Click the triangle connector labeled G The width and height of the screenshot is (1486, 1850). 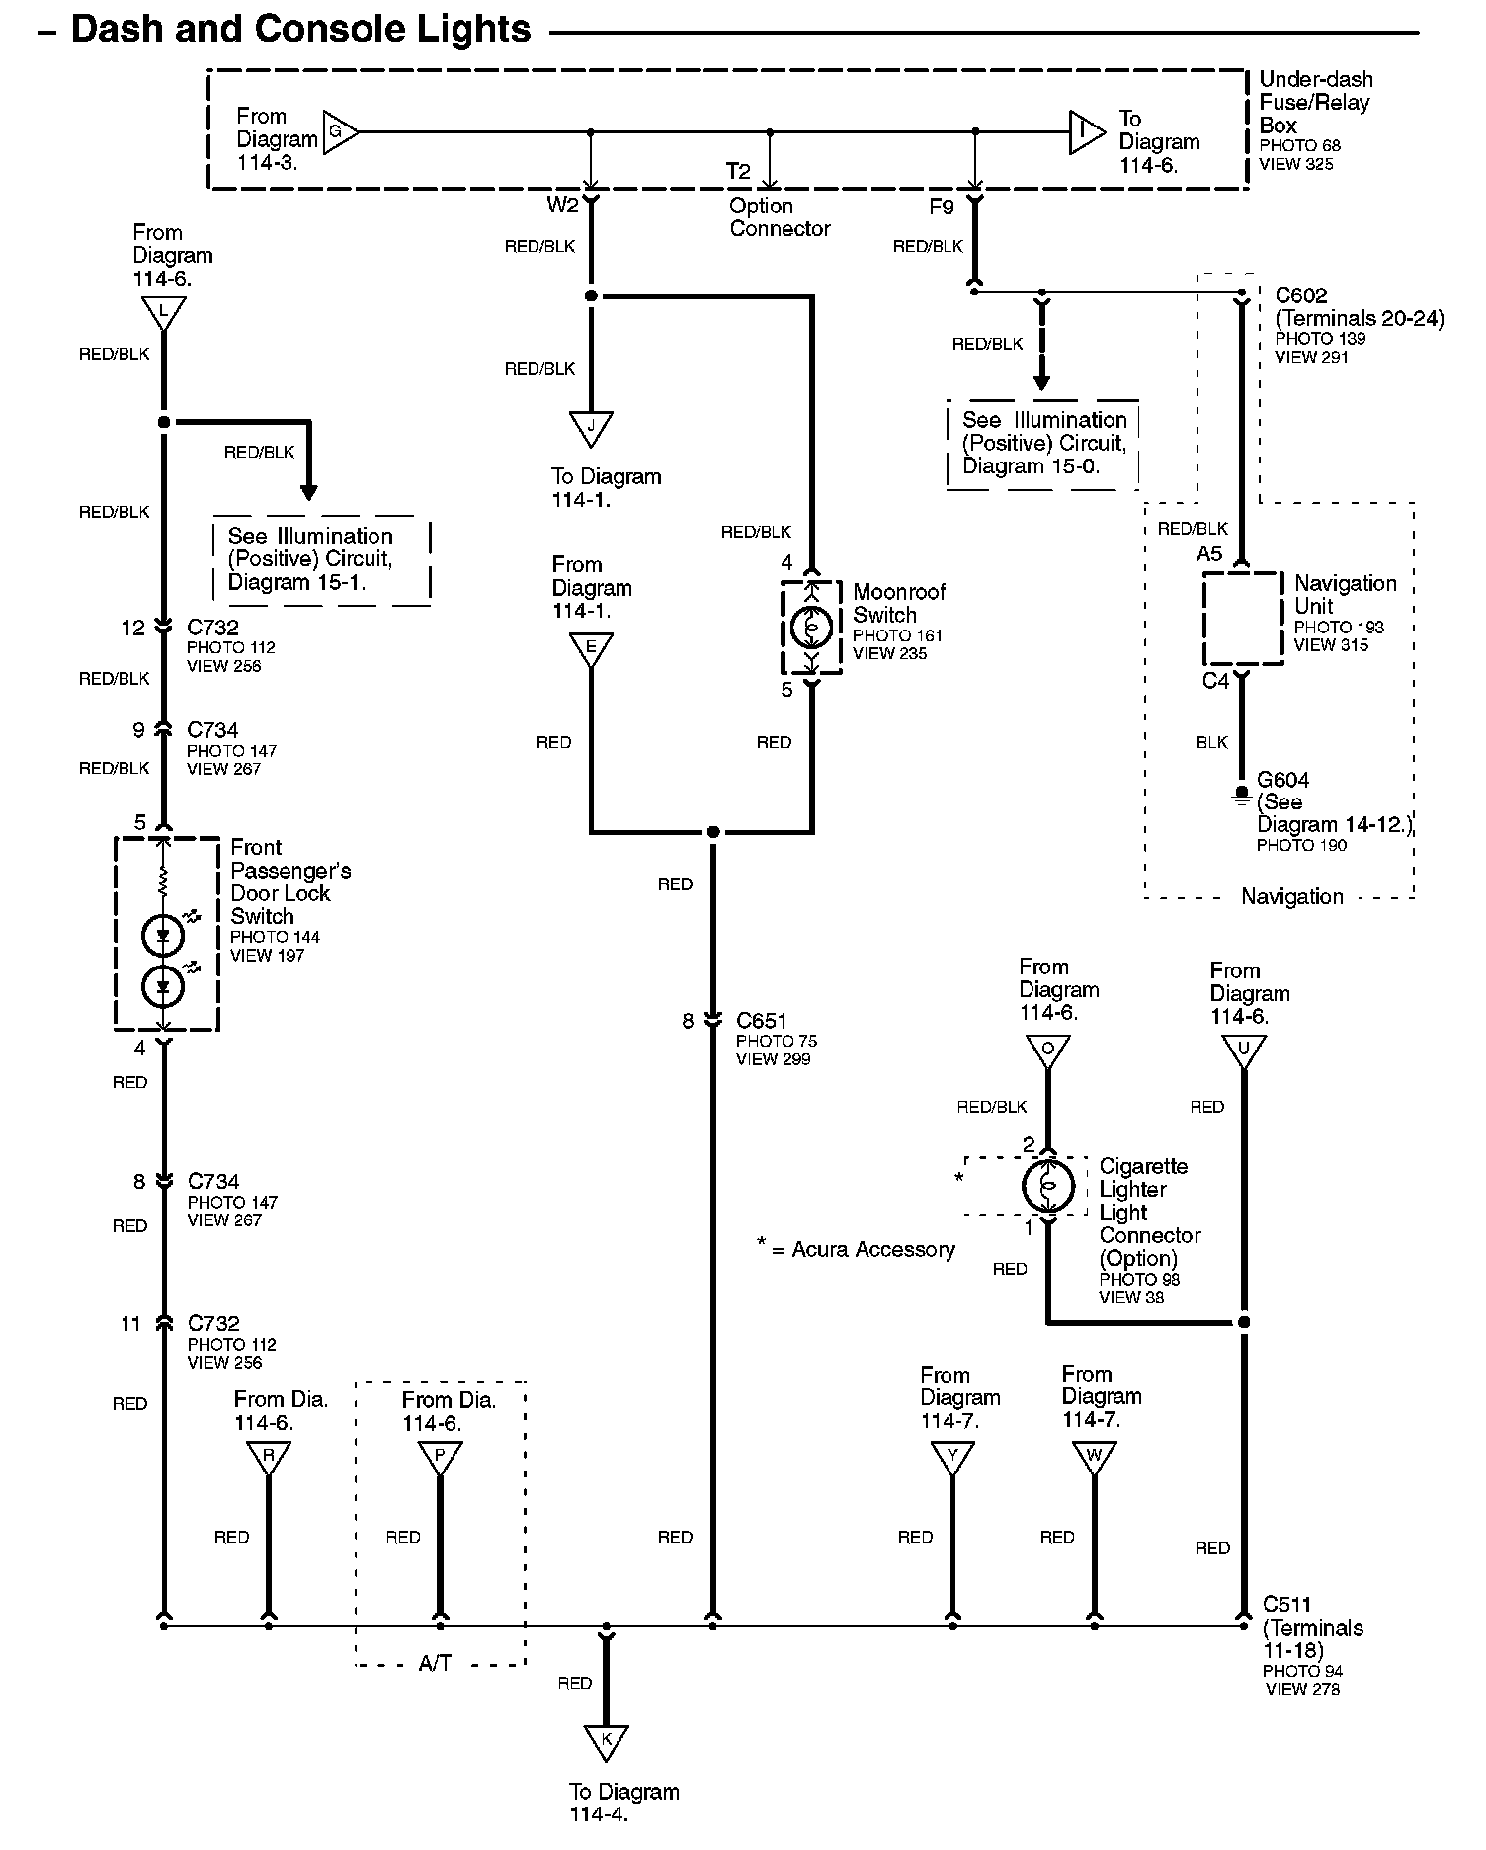[x=339, y=131]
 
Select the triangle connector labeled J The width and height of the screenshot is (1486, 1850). [x=591, y=426]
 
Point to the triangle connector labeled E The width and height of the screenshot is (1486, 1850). [x=591, y=648]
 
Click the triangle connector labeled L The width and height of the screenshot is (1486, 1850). [x=164, y=313]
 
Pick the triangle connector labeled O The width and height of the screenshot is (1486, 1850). [x=1048, y=1050]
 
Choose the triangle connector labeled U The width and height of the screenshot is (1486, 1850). [x=1243, y=1050]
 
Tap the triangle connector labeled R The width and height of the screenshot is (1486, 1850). [x=268, y=1456]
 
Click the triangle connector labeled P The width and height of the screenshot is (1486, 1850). [x=440, y=1456]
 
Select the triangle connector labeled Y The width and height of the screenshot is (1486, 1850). [x=952, y=1456]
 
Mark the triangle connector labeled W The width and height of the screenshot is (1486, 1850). [x=1094, y=1456]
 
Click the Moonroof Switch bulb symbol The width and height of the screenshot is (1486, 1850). [x=812, y=627]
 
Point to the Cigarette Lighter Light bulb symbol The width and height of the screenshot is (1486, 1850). [x=1048, y=1185]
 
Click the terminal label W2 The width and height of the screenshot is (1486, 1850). [x=561, y=205]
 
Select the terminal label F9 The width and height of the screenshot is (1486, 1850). [x=942, y=207]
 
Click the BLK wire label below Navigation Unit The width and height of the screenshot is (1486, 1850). [x=1211, y=742]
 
